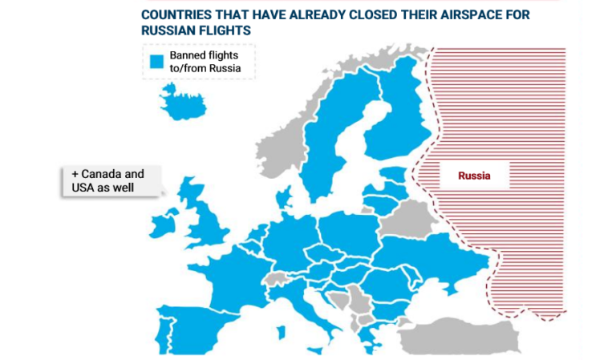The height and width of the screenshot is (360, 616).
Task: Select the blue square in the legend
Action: tap(156, 62)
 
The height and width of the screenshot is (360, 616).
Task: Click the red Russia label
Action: tap(473, 175)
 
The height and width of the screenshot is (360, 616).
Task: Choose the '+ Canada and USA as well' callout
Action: tap(111, 180)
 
